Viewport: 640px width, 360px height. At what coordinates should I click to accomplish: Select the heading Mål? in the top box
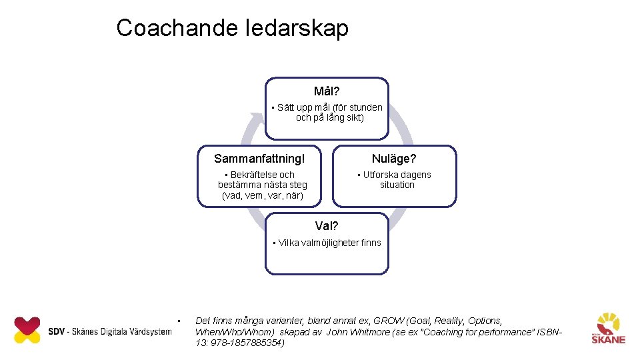(327, 91)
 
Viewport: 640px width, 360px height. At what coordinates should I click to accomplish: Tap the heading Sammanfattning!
(259, 159)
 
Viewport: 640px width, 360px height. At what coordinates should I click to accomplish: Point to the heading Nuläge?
(394, 159)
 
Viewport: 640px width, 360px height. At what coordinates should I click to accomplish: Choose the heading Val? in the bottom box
(327, 226)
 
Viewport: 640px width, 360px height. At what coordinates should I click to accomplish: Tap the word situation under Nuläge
(397, 185)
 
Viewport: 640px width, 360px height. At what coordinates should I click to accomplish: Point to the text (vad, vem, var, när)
(263, 195)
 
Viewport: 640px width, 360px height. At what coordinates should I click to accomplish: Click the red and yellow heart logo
(27, 330)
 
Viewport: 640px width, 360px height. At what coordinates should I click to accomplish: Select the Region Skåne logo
(608, 328)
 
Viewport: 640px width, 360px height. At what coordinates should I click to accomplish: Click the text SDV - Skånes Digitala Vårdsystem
(109, 331)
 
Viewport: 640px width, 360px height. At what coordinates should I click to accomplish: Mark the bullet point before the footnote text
(179, 321)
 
